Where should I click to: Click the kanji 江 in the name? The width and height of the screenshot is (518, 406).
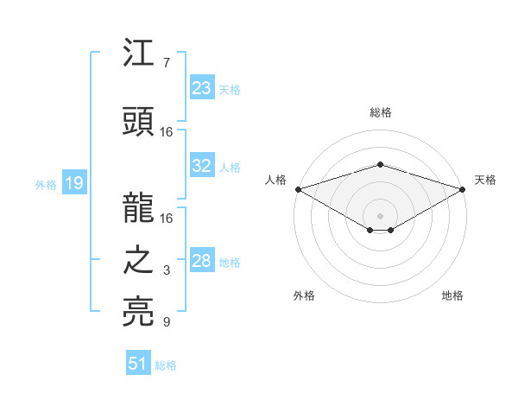[139, 54]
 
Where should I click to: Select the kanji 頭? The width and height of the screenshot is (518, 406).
[139, 124]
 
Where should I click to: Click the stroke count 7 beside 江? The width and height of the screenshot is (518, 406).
[166, 63]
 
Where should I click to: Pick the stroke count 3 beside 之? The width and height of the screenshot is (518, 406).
[166, 271]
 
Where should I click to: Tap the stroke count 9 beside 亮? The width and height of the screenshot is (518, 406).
[166, 323]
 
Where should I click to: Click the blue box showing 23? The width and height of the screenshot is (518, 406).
[202, 88]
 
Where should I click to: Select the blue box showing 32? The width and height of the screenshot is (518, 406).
[202, 166]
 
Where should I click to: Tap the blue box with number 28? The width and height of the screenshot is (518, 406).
[202, 262]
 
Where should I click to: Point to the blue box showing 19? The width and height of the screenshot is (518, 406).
[73, 183]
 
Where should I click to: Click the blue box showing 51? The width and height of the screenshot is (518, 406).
[138, 364]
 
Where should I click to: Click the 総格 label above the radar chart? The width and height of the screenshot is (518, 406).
[380, 112]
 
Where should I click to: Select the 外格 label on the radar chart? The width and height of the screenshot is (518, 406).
[304, 296]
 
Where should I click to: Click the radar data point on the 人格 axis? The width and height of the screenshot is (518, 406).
[297, 189]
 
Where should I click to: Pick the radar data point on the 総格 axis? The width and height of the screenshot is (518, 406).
[380, 164]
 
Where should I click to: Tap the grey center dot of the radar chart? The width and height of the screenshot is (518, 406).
[380, 214]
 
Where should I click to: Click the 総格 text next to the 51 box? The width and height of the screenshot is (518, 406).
[166, 365]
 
